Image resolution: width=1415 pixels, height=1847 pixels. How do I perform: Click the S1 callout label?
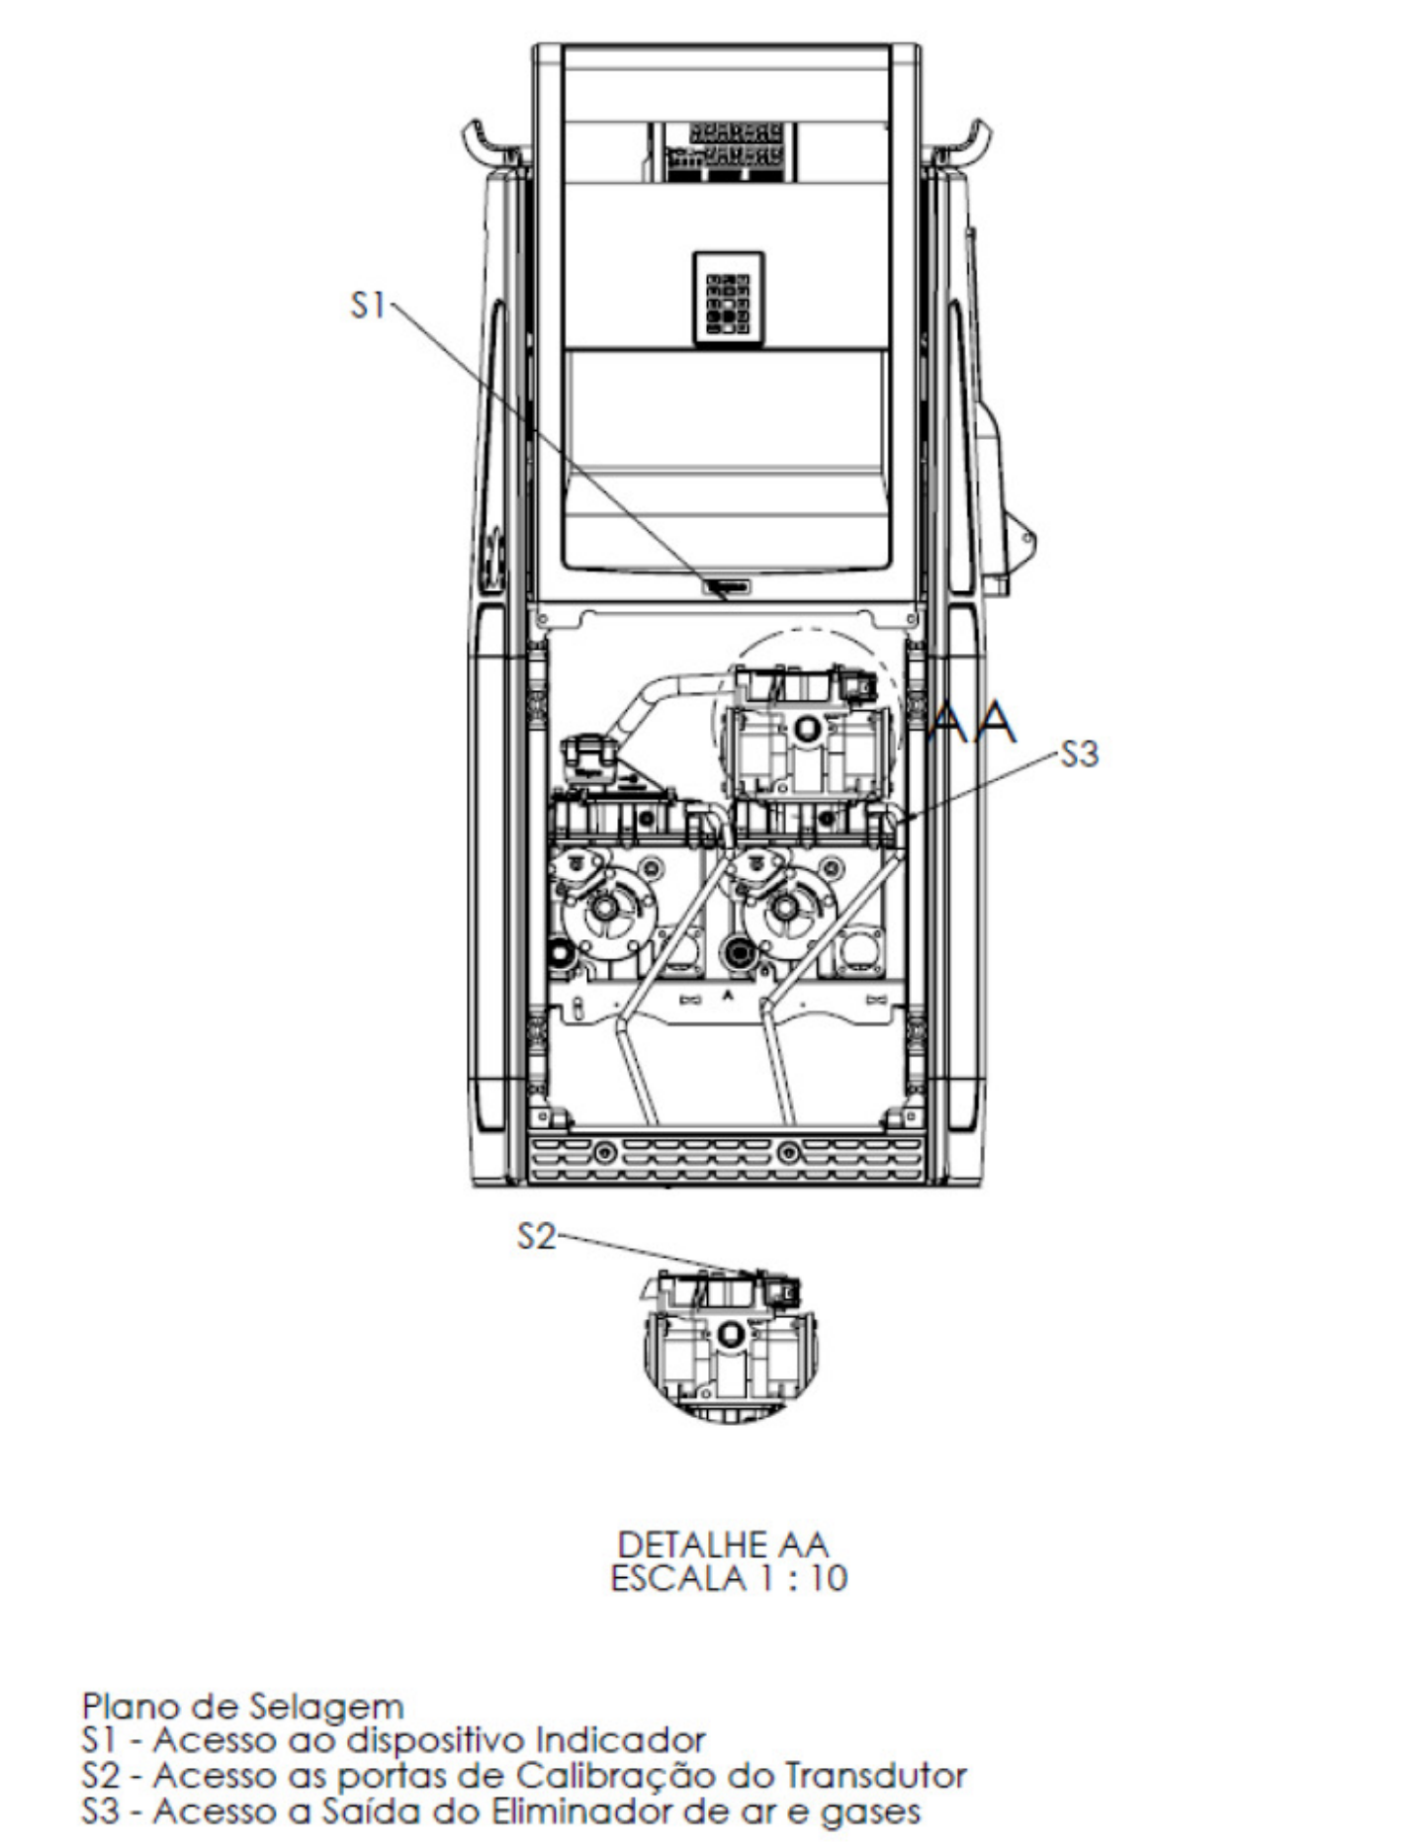tap(368, 306)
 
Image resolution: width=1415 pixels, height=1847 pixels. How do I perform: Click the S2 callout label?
tap(537, 1236)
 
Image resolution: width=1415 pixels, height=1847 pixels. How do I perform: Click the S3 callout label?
tap(1079, 754)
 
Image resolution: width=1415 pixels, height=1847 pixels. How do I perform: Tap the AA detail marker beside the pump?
tap(975, 723)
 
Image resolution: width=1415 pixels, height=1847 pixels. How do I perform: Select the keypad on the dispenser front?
tap(729, 297)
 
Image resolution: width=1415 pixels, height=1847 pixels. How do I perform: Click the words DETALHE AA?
tap(723, 1543)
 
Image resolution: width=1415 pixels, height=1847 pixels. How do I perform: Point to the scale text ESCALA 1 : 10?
tap(729, 1577)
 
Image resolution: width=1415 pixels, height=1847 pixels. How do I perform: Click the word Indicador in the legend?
tap(620, 1739)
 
